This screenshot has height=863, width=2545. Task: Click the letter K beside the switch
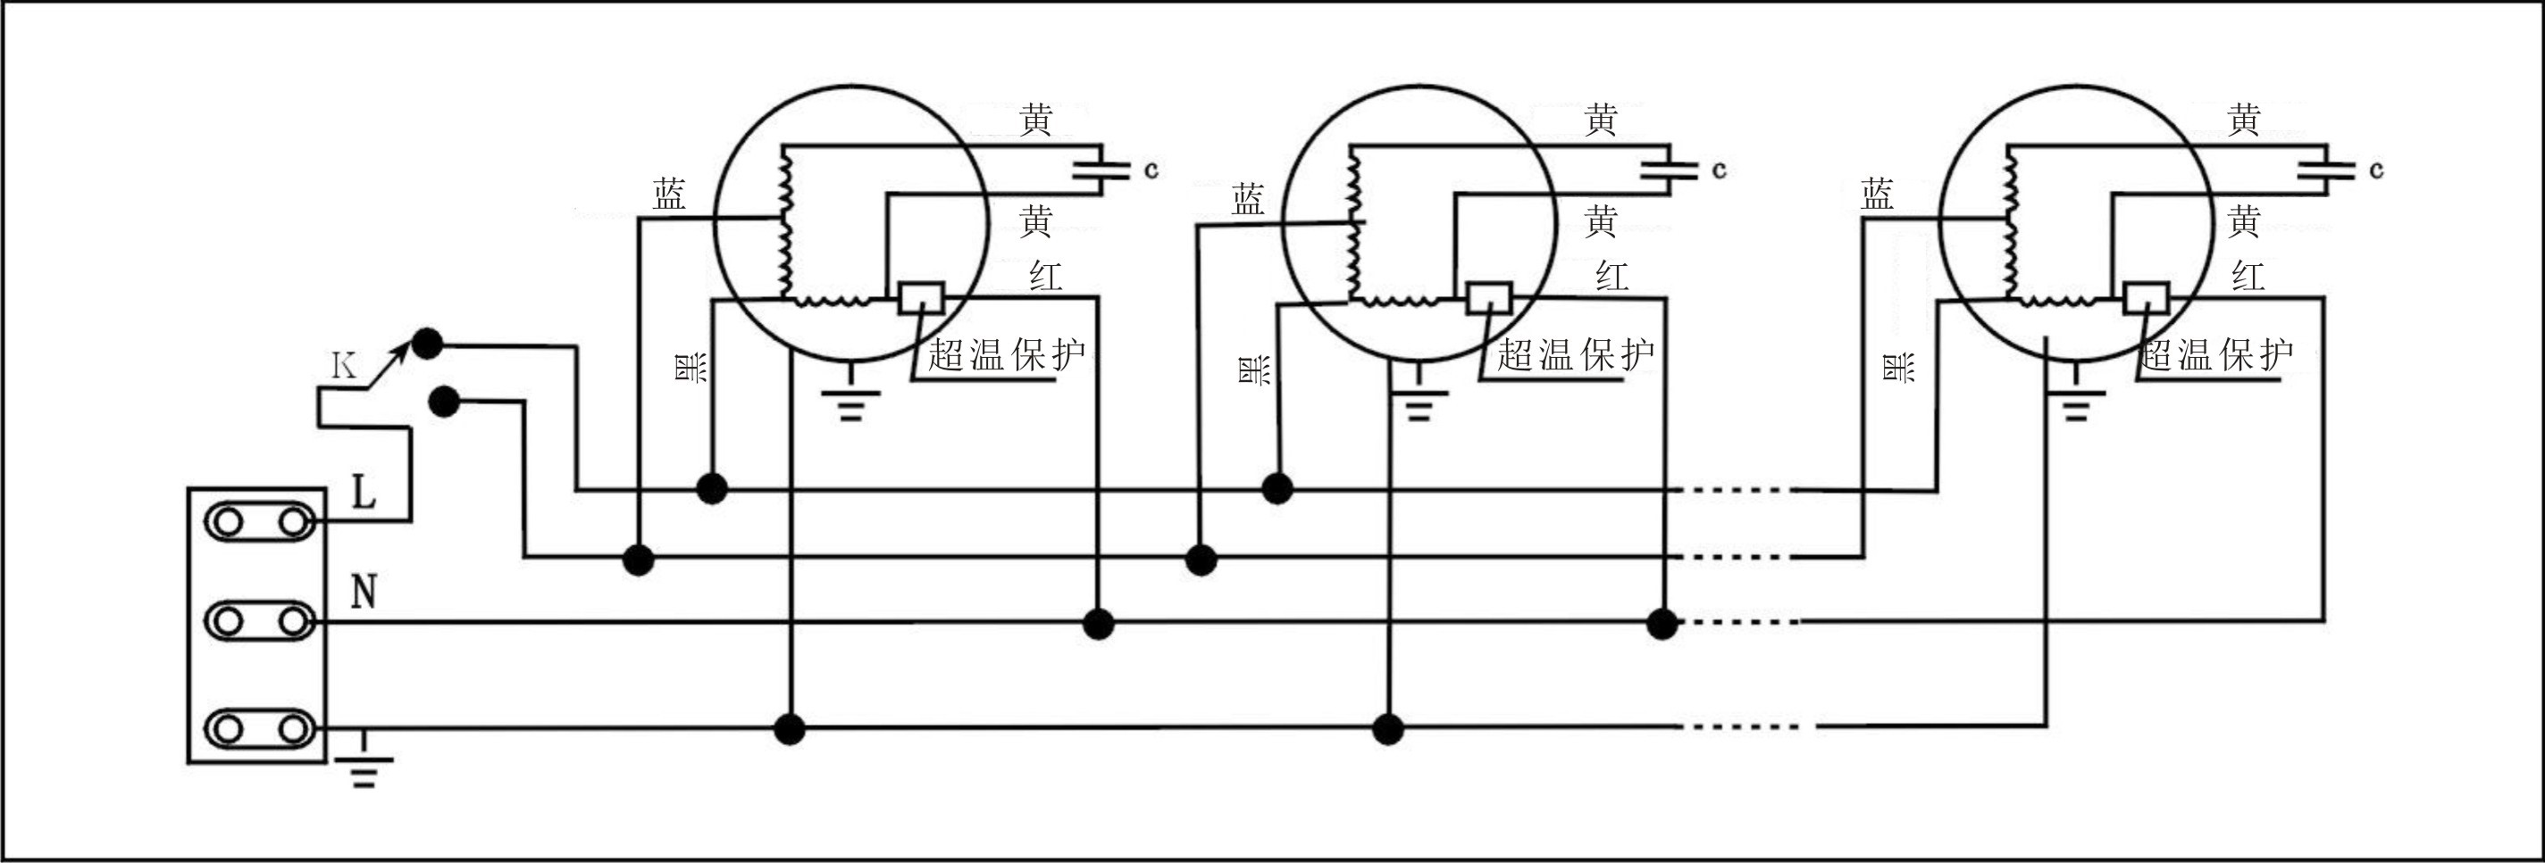pyautogui.click(x=344, y=366)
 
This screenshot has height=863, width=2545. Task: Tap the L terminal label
pyautogui.click(x=364, y=491)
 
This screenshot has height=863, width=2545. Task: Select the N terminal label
pyautogui.click(x=364, y=593)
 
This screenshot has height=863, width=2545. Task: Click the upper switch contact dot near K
pyautogui.click(x=427, y=344)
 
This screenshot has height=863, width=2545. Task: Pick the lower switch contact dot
pyautogui.click(x=445, y=402)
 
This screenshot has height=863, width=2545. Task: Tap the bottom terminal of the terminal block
pyautogui.click(x=260, y=730)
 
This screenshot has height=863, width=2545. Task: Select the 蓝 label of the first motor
pyautogui.click(x=669, y=195)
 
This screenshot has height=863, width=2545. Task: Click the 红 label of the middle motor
pyautogui.click(x=1612, y=277)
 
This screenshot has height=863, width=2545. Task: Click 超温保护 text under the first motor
pyautogui.click(x=1006, y=354)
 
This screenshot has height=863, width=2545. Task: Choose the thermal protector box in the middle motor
pyautogui.click(x=1488, y=297)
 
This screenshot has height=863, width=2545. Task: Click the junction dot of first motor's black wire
pyautogui.click(x=711, y=488)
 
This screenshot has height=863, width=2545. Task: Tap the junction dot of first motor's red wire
pyautogui.click(x=1099, y=624)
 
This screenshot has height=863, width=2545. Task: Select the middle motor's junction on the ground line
pyautogui.click(x=1388, y=730)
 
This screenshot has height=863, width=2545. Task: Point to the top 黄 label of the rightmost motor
pyautogui.click(x=2244, y=120)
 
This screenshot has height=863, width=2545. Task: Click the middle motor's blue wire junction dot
pyautogui.click(x=1201, y=560)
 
